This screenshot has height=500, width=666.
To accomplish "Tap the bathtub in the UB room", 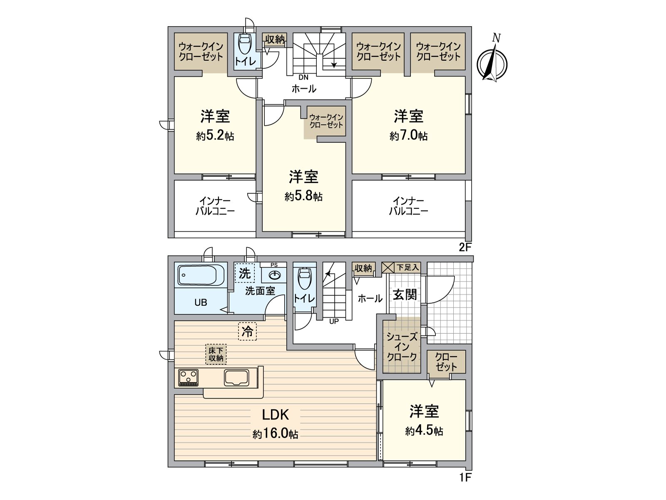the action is (201, 275).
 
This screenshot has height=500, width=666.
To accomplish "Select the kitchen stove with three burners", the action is (188, 377).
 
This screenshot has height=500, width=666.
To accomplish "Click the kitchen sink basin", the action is (236, 377).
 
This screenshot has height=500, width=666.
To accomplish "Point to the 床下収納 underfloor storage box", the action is (216, 354).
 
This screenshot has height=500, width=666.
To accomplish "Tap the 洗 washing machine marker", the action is (245, 273).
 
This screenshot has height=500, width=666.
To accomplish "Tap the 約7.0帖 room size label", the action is (408, 136).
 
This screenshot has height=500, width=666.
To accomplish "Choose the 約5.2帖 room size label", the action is (215, 136).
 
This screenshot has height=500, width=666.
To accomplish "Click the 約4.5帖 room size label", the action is (424, 431).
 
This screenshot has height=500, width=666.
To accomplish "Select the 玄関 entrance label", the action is (405, 295).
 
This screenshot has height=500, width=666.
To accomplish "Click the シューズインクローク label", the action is (402, 347).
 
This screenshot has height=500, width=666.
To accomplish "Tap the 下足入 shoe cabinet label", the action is (408, 267).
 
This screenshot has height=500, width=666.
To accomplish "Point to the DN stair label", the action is (303, 77).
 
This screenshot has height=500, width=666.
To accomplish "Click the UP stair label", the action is (334, 321).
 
